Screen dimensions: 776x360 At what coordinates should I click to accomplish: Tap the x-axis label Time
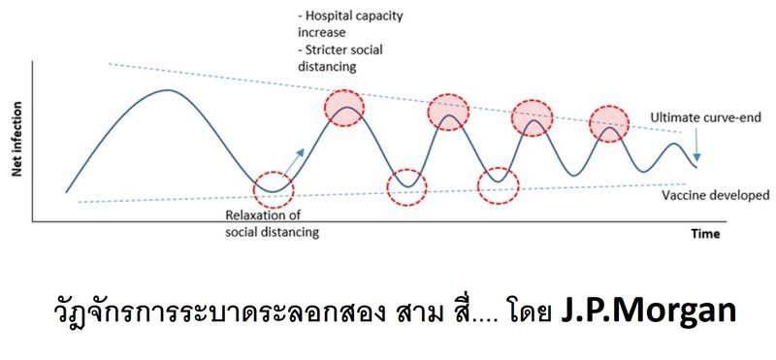(704, 235)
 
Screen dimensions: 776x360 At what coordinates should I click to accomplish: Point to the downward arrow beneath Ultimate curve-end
(696, 146)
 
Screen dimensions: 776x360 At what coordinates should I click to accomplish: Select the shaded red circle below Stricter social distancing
(345, 107)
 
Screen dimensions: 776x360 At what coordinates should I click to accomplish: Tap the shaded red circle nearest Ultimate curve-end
(608, 120)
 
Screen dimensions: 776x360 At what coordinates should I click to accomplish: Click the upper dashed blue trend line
(242, 78)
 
